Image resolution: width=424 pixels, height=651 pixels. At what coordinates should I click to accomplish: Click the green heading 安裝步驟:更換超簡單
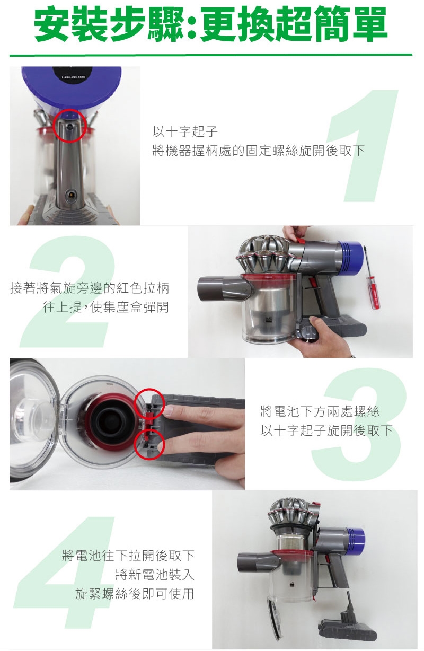click(211, 24)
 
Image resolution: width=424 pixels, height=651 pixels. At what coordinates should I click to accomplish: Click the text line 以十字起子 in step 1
click(185, 131)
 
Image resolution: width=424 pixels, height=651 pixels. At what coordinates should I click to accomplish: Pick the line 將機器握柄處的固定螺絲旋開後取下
click(258, 151)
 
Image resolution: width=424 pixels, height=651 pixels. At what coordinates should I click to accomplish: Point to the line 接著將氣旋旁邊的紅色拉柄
click(90, 288)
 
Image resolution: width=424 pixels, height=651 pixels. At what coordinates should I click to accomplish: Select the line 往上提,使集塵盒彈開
click(106, 307)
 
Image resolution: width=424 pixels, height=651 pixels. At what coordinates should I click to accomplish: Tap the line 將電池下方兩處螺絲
click(320, 411)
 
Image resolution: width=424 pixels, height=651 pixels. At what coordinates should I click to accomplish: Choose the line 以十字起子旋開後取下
click(326, 430)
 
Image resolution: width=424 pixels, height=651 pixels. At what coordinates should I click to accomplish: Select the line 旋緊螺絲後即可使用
click(134, 593)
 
